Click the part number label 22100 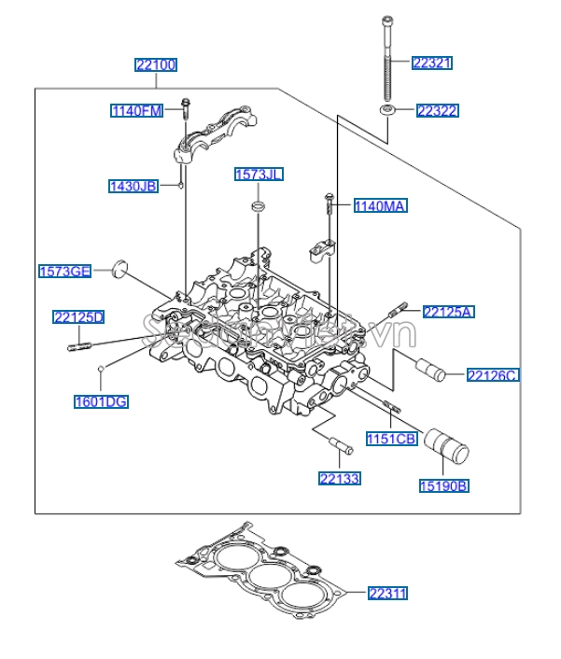click(156, 65)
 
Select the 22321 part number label click(433, 63)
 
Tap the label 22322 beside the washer click(437, 111)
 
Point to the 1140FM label click(136, 111)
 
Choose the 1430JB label click(133, 186)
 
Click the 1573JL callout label click(259, 175)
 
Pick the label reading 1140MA click(380, 205)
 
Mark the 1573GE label click(64, 272)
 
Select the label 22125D click(78, 317)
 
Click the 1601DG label click(101, 402)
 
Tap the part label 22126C click(493, 375)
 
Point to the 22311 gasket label click(388, 593)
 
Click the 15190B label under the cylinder click(443, 485)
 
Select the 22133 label click(339, 478)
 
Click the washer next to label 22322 click(386, 112)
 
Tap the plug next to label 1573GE click(118, 269)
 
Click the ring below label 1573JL click(258, 205)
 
